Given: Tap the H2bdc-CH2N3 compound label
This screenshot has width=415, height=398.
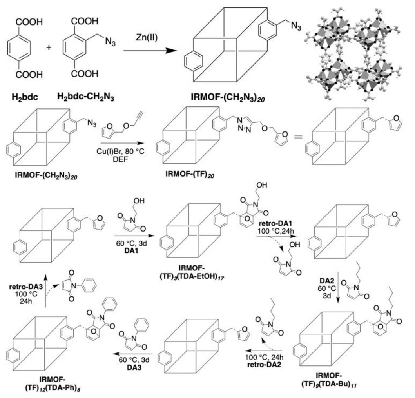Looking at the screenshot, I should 85,95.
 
